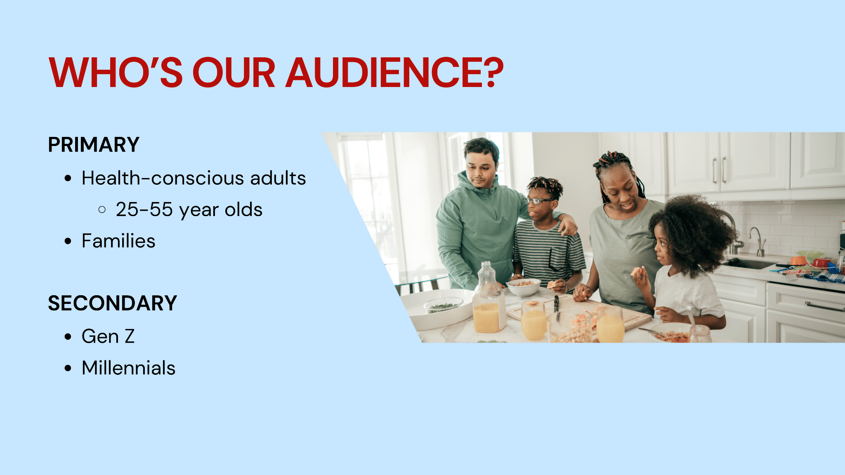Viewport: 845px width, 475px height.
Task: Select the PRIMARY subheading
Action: pyautogui.click(x=94, y=145)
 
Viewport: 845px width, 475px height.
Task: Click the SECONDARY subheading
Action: pyautogui.click(x=113, y=303)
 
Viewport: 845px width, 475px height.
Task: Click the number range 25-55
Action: pyautogui.click(x=144, y=209)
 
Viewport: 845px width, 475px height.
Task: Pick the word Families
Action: pyautogui.click(x=118, y=241)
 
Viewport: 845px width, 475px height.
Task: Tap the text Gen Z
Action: pyautogui.click(x=108, y=336)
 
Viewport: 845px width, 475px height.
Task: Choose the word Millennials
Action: pyautogui.click(x=128, y=368)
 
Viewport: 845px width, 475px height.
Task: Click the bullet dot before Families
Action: pyautogui.click(x=68, y=241)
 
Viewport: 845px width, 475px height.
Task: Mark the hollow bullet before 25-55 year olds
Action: pyautogui.click(x=102, y=210)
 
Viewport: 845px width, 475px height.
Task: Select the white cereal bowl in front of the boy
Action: pyautogui.click(x=524, y=287)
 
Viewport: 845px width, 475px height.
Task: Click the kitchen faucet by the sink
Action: pyautogui.click(x=758, y=242)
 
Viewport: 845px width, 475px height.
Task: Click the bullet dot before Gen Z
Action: pyautogui.click(x=68, y=336)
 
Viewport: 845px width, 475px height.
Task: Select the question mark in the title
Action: pyautogui.click(x=495, y=73)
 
